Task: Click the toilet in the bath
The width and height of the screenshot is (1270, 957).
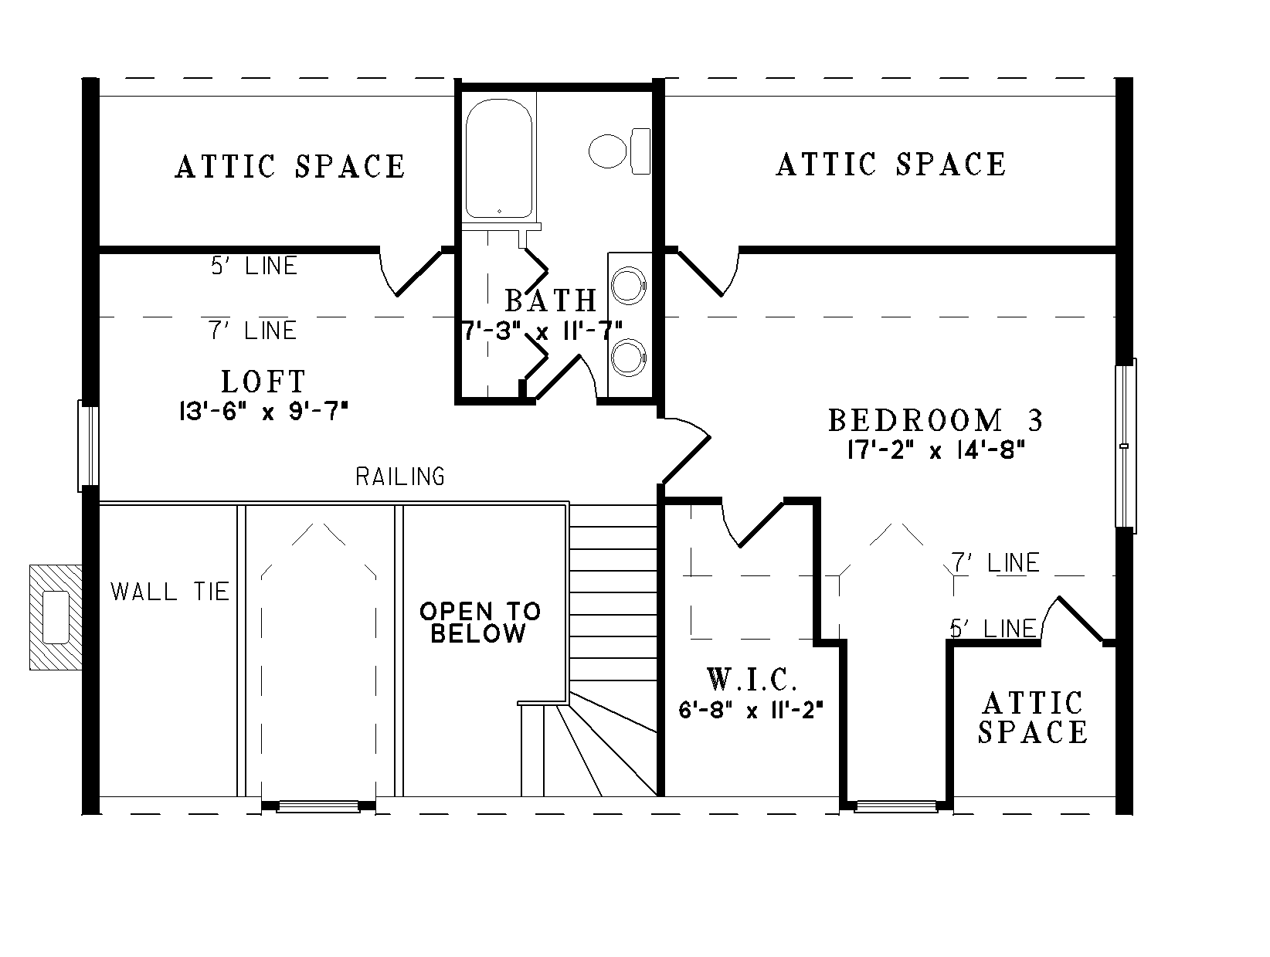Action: (618, 151)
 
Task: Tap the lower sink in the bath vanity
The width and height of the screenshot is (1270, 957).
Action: (627, 357)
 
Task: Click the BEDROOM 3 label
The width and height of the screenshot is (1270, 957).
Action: (936, 421)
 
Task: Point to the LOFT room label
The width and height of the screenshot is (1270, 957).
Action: (264, 382)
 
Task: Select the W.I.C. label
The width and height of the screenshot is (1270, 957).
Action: (751, 680)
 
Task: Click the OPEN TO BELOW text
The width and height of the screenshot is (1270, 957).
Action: (480, 623)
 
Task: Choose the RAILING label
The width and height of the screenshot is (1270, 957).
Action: (400, 477)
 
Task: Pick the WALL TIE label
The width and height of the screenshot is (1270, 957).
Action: (171, 592)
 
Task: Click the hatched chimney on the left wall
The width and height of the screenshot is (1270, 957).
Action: (56, 616)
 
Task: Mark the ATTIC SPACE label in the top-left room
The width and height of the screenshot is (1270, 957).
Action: (290, 167)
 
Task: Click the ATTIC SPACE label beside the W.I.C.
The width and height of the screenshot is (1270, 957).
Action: (1033, 718)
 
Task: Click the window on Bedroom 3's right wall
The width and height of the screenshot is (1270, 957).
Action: (1126, 446)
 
